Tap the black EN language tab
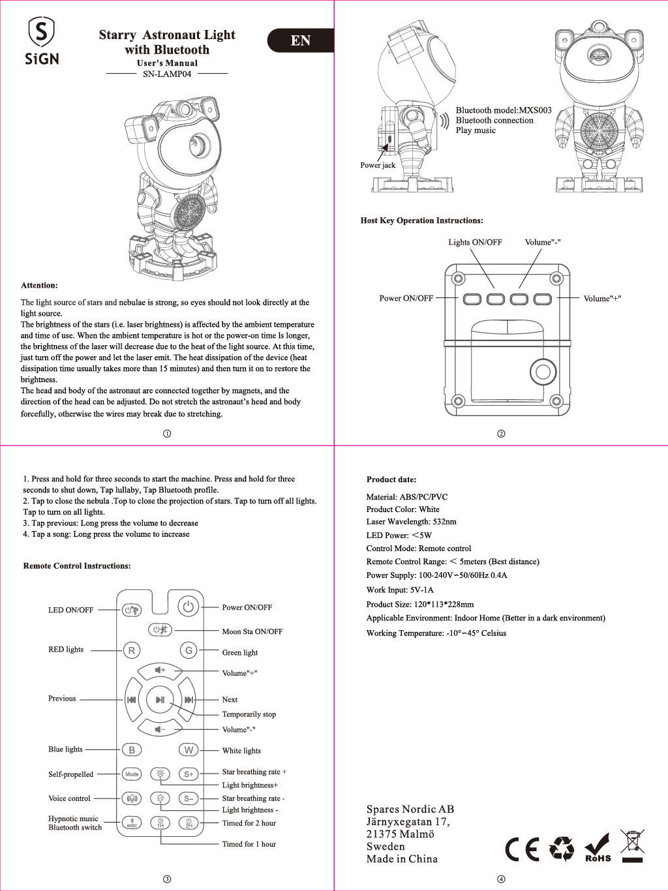pyautogui.click(x=301, y=40)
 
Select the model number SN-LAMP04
pyautogui.click(x=167, y=74)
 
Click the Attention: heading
pyautogui.click(x=39, y=285)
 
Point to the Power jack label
pyautogui.click(x=378, y=165)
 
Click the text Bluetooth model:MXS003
pyautogui.click(x=503, y=110)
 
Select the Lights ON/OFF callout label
pyautogui.click(x=475, y=242)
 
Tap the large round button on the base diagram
pyautogui.click(x=543, y=372)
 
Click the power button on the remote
pyautogui.click(x=188, y=607)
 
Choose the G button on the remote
pyautogui.click(x=189, y=650)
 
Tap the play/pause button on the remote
pyautogui.click(x=160, y=700)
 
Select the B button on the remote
pyautogui.click(x=132, y=750)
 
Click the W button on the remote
pyautogui.click(x=189, y=750)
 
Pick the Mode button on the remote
pyautogui.click(x=132, y=774)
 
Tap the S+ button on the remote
pyautogui.click(x=189, y=774)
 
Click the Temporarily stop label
pyautogui.click(x=249, y=714)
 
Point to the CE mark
pyautogui.click(x=523, y=849)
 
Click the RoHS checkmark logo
pyautogui.click(x=598, y=848)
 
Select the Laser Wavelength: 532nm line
pyautogui.click(x=411, y=522)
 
